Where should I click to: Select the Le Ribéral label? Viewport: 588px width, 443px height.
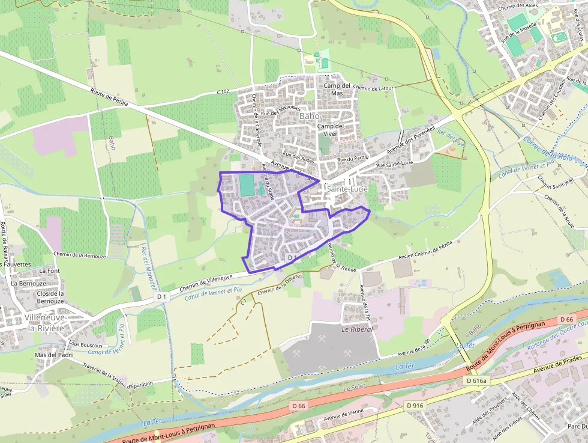[x=357, y=329]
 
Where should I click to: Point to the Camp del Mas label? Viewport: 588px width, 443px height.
[x=337, y=89]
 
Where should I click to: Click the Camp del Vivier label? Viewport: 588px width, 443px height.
[x=330, y=130]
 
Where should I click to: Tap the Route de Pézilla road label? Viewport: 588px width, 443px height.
[x=109, y=98]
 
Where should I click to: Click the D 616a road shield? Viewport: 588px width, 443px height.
[x=478, y=381]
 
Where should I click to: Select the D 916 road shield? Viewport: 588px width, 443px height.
[x=415, y=406]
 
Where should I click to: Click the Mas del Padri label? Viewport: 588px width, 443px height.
[x=53, y=355]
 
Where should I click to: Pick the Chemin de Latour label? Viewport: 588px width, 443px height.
[x=373, y=88]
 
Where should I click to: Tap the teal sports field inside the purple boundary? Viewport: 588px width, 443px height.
[x=247, y=185]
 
